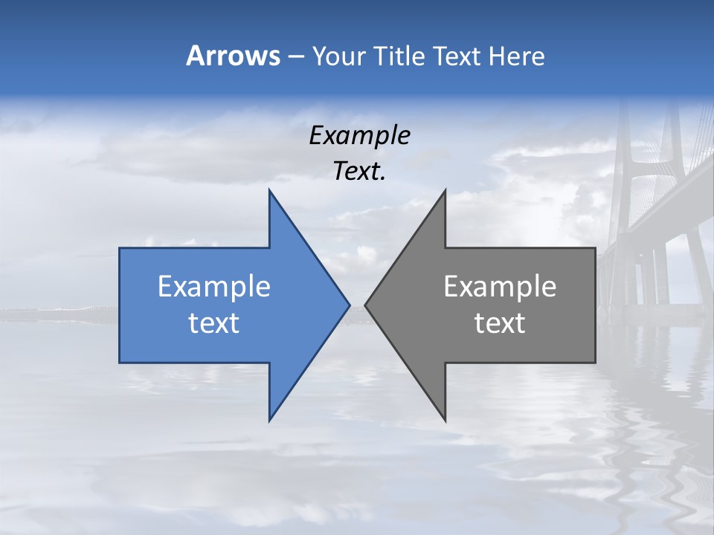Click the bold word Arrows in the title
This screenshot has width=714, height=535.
[232, 56]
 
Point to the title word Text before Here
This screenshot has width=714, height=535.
[458, 56]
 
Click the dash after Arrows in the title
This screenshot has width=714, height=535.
[295, 56]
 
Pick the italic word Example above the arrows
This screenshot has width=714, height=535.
[359, 136]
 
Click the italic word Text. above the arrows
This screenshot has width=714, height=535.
[359, 172]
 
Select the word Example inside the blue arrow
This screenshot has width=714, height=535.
[214, 287]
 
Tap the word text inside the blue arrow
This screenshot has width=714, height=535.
[214, 323]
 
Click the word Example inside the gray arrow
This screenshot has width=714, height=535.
[500, 287]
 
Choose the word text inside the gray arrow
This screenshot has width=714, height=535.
[500, 323]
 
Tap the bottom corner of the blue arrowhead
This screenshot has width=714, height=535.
[270, 420]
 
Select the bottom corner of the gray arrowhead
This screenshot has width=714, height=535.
[444, 420]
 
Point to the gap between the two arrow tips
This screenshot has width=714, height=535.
[357, 305]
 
